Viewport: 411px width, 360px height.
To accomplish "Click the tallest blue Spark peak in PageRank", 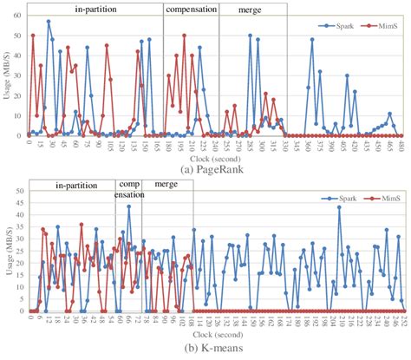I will pos(48,22).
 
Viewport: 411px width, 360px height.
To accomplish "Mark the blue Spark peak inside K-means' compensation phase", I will pos(128,206).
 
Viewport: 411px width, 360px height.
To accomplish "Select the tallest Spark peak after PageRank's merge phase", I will pos(312,40).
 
